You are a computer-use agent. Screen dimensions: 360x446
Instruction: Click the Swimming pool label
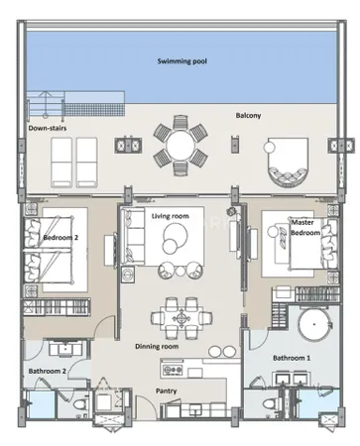click(x=182, y=61)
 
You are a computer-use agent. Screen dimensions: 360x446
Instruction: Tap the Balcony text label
click(x=248, y=115)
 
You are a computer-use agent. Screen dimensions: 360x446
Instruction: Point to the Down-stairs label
click(x=48, y=128)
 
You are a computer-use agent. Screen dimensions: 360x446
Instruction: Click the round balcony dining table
click(x=180, y=146)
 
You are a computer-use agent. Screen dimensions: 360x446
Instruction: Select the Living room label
click(x=171, y=216)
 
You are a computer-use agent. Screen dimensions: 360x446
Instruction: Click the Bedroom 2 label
click(x=60, y=237)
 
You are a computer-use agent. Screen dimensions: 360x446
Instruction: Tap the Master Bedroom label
click(x=305, y=227)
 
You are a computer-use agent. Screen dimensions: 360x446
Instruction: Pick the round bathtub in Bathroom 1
click(x=314, y=324)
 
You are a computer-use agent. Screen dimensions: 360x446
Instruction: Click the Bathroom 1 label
click(x=292, y=358)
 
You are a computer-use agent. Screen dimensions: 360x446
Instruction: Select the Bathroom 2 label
click(x=48, y=371)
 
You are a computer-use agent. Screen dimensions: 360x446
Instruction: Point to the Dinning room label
click(x=157, y=346)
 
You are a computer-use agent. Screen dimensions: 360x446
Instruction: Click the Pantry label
click(x=166, y=390)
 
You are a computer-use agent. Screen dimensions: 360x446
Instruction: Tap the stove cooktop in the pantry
click(x=172, y=370)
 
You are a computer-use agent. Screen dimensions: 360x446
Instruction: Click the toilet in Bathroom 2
click(x=79, y=404)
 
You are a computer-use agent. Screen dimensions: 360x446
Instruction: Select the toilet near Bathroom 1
click(x=272, y=404)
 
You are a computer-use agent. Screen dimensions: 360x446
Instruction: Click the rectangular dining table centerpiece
click(x=181, y=318)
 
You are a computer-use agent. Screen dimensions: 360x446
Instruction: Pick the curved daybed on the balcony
click(x=288, y=163)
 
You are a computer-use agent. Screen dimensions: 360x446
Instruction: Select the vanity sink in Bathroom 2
click(x=65, y=350)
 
